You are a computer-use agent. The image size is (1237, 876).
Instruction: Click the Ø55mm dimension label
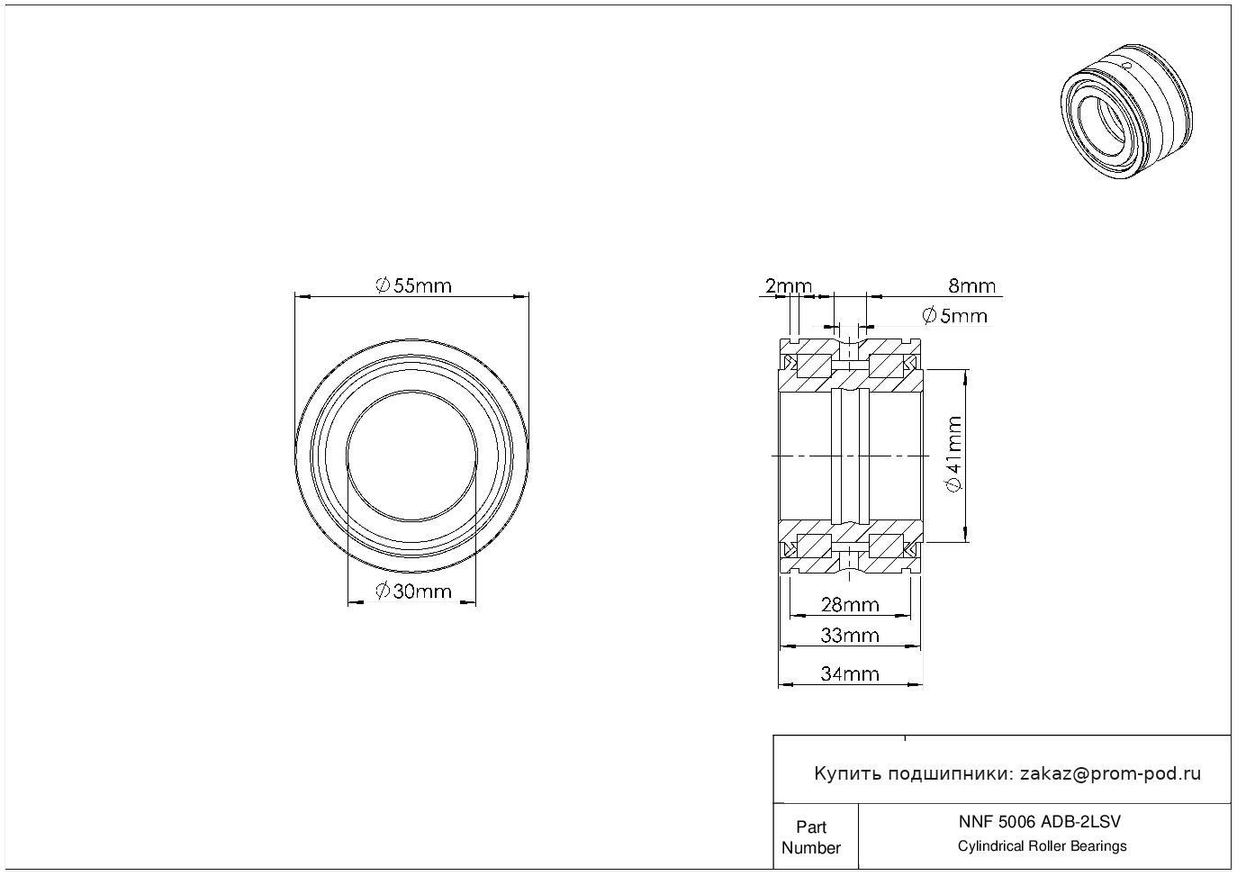413,285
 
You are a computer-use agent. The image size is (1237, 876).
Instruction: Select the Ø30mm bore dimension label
413,591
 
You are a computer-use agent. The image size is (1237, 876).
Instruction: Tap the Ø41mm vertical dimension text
954,455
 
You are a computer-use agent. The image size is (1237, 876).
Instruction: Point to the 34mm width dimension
850,673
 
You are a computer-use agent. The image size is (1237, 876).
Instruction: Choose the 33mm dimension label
850,636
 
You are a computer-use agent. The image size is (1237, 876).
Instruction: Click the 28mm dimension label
850,605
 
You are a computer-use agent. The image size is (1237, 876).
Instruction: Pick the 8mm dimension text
972,285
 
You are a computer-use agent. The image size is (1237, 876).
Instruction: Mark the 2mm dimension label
789,285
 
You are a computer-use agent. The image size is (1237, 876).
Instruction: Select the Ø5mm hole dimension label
955,315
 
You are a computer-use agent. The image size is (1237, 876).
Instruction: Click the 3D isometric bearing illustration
1126,111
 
